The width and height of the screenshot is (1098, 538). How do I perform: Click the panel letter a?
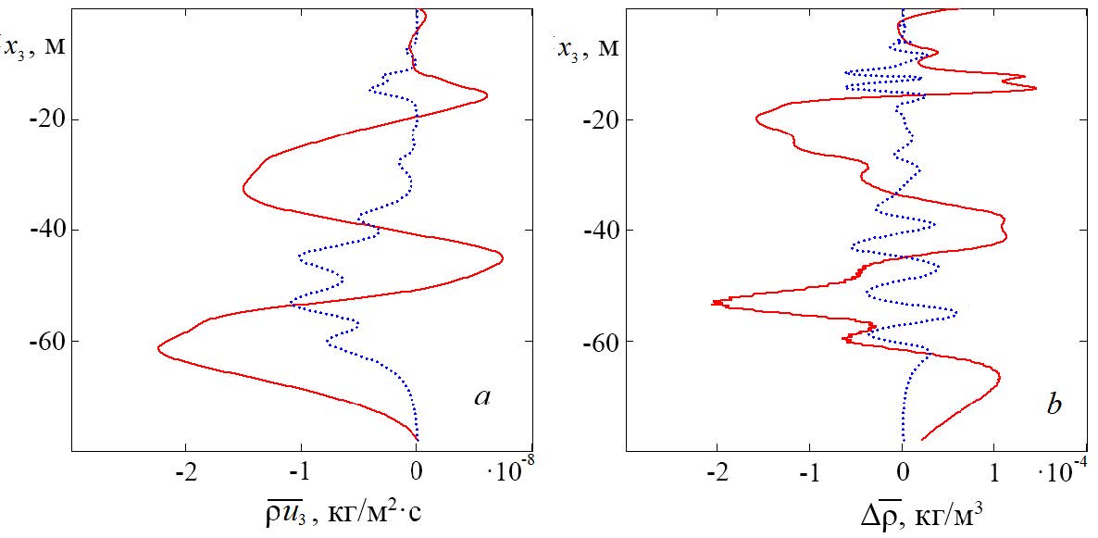(x=481, y=399)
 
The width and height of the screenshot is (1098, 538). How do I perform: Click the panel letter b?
(x=1054, y=405)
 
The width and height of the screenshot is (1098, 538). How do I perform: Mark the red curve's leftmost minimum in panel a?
(x=158, y=348)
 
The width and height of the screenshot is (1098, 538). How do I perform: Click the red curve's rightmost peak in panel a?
(x=503, y=256)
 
